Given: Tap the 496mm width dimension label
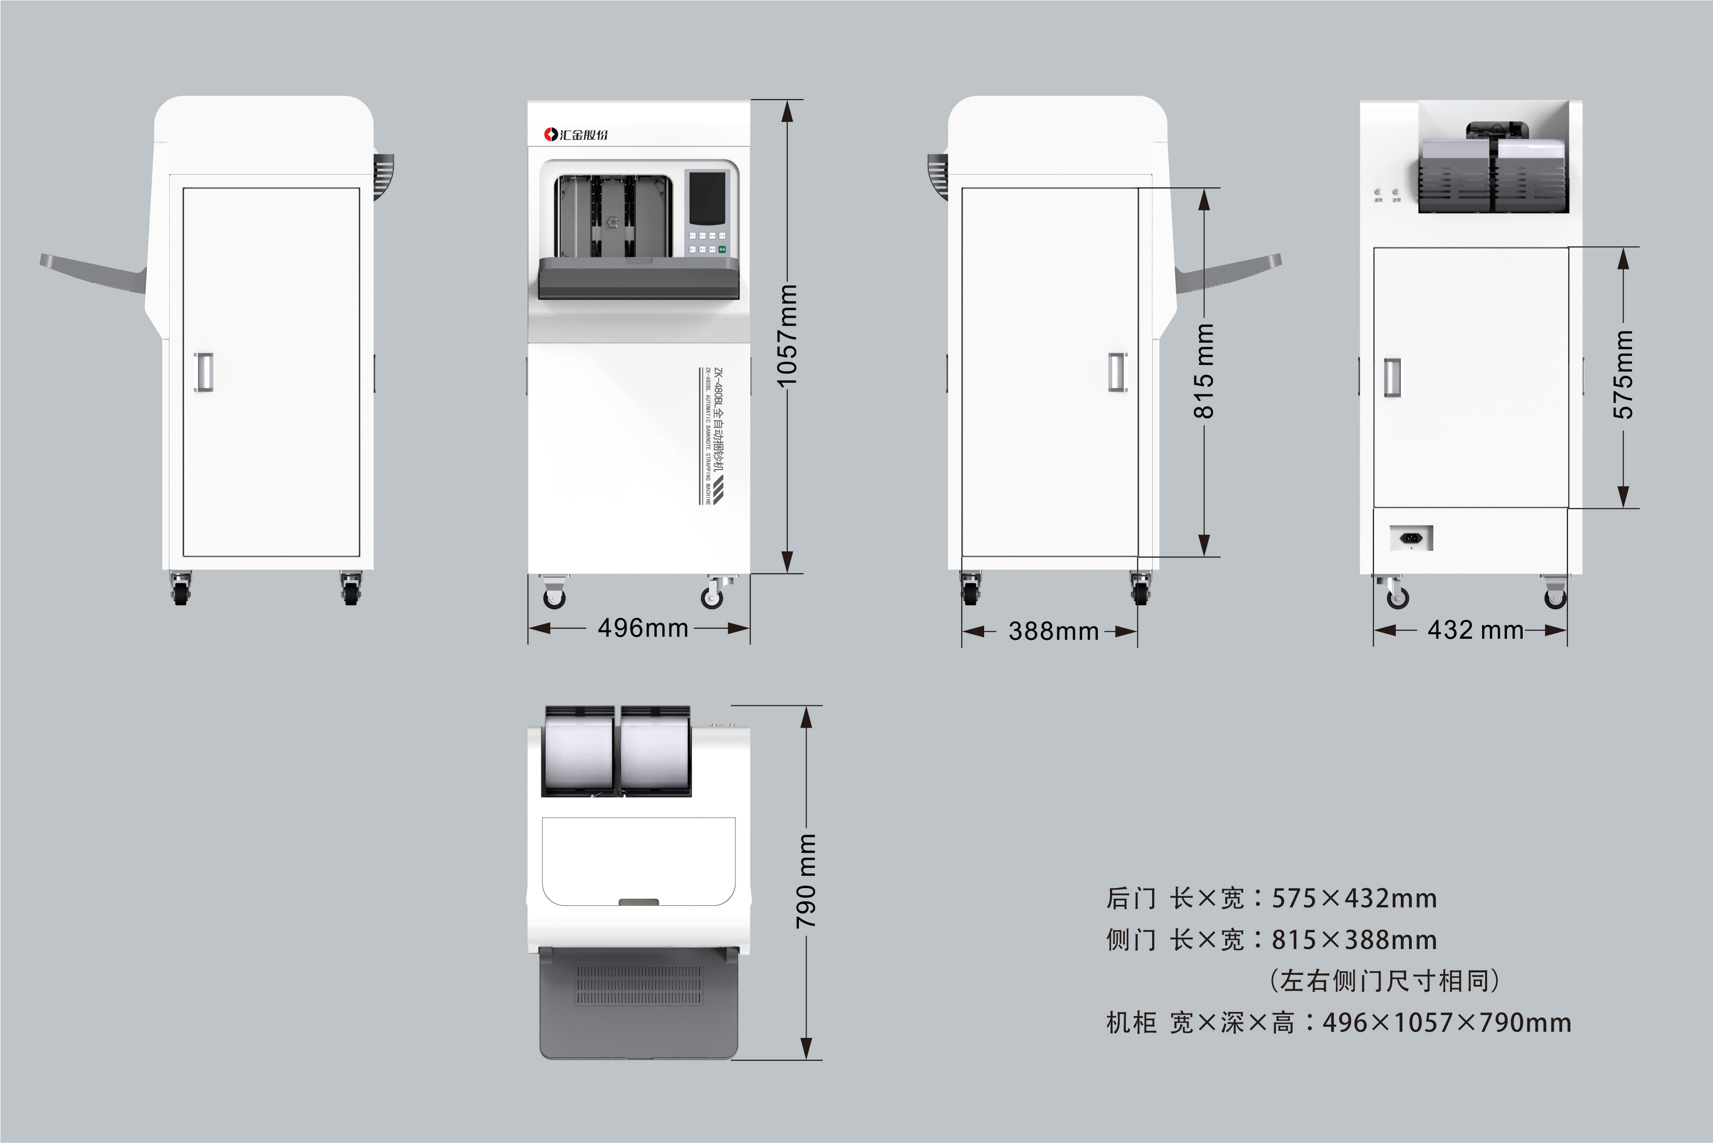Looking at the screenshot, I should tap(643, 628).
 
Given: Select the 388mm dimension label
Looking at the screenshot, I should tap(1054, 631).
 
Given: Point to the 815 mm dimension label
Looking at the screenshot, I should tap(1204, 371).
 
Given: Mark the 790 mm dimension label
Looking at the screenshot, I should tap(806, 881).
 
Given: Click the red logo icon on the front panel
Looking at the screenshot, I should tap(551, 134).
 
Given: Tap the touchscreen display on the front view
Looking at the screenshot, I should tap(707, 198).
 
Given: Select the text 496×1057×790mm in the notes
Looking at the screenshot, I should tap(1447, 1023).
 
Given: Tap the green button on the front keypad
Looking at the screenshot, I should tap(722, 249).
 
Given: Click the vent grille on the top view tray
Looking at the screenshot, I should tap(639, 986).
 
